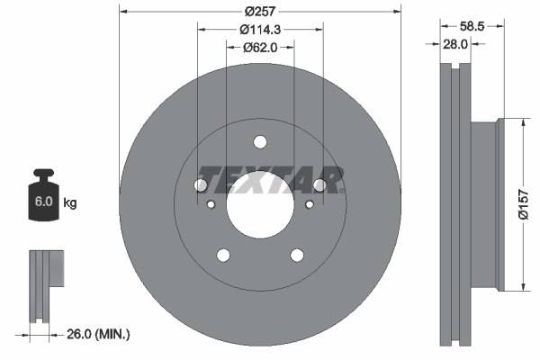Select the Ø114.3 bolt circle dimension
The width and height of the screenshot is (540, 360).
pos(260,30)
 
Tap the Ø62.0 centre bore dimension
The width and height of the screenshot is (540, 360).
pos(260,48)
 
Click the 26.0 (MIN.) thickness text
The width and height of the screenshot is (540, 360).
pos(98,334)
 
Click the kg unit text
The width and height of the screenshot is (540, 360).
pos(70,203)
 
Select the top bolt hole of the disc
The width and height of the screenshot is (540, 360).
pos(260,141)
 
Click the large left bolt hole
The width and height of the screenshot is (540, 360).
pos(201,185)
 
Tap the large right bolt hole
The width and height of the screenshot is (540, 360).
pos(319,185)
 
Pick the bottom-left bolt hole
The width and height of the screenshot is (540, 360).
pos(223,256)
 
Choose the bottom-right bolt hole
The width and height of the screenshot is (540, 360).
pos(297,256)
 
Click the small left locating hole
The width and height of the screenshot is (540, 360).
pos(211,205)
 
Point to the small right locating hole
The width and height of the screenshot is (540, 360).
pos(310,205)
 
